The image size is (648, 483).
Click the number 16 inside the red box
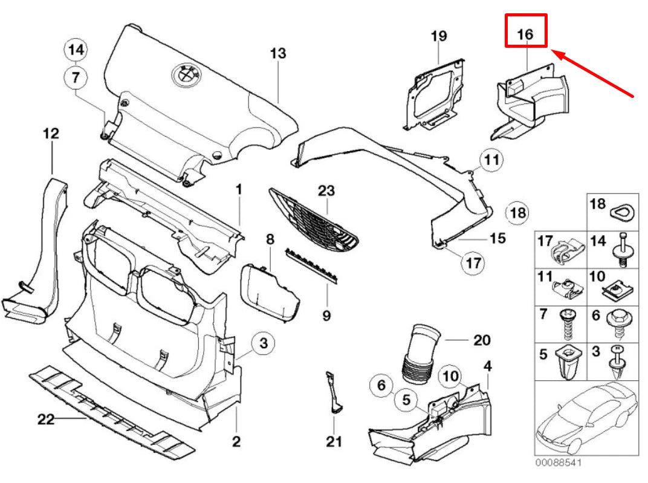coord(525,34)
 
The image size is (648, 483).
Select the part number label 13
coord(277,53)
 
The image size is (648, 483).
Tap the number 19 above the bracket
coord(439,36)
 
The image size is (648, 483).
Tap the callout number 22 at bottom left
coord(46,419)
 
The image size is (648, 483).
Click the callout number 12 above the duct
coord(51,134)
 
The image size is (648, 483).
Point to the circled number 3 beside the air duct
coord(263,344)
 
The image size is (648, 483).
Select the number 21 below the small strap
coord(334,441)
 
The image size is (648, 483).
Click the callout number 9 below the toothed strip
coord(326,315)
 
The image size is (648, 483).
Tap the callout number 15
coord(497,238)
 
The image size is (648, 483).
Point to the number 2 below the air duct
coord(236,441)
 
